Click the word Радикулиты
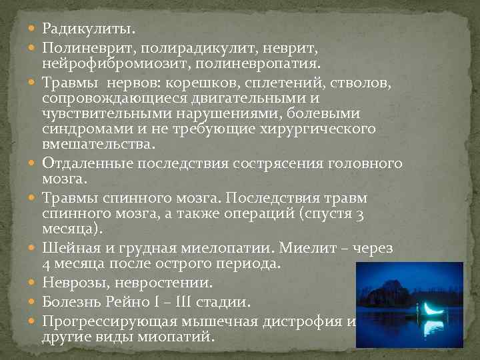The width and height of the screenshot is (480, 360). point(88,29)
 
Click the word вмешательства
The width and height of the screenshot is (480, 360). point(97,144)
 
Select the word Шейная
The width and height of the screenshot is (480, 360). point(70,249)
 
